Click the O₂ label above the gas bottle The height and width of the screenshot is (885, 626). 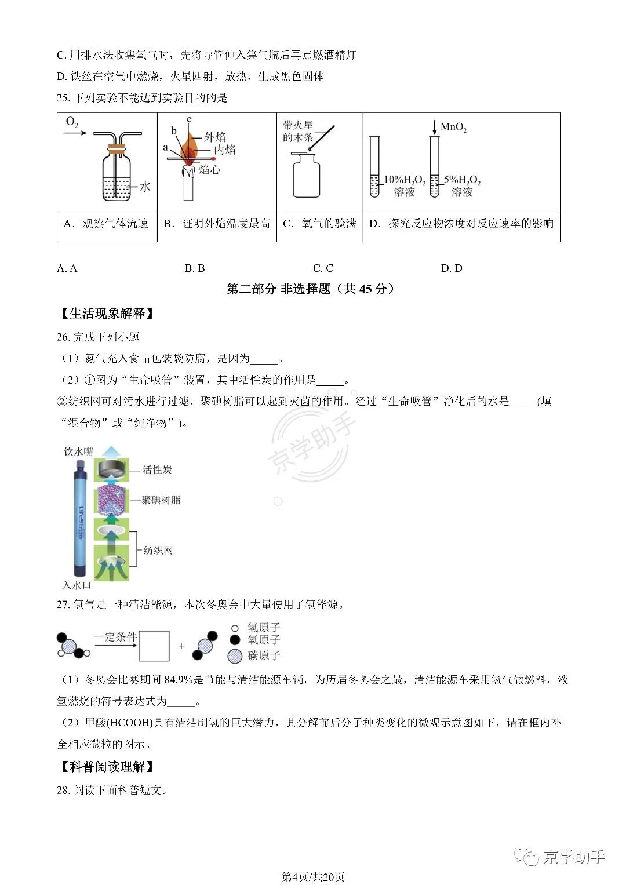[72, 122]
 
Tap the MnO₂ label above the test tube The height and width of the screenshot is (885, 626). [453, 128]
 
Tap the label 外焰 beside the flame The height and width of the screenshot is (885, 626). [215, 137]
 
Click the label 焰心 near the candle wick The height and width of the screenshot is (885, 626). [209, 169]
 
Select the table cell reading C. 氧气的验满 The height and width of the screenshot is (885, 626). [319, 224]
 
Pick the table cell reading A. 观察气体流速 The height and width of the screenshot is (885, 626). [106, 224]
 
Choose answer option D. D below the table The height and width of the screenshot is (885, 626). [452, 268]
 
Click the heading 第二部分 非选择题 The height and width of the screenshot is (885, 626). [278, 289]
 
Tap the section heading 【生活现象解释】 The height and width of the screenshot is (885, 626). [107, 314]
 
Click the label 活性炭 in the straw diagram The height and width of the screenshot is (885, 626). [157, 469]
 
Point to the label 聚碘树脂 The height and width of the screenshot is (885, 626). [161, 500]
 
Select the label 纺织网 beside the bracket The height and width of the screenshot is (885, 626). [158, 550]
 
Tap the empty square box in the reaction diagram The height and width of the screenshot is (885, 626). [154, 646]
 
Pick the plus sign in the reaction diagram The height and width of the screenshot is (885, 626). [181, 646]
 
